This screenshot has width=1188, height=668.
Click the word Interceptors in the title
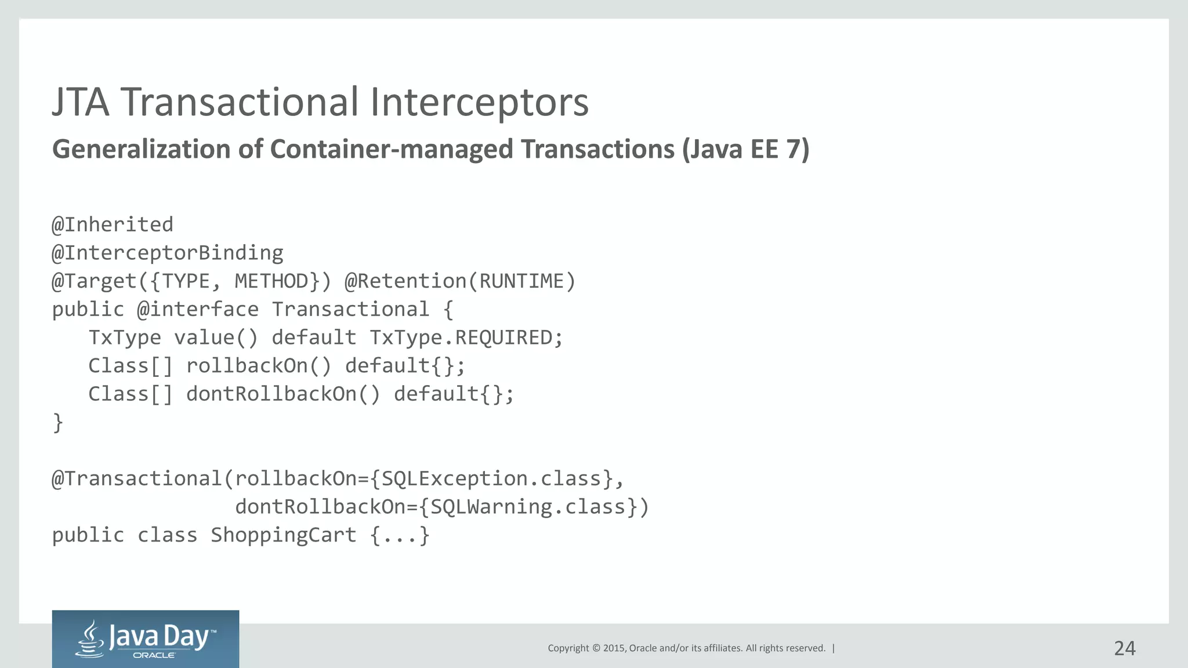[479, 103]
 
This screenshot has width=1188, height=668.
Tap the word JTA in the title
[81, 103]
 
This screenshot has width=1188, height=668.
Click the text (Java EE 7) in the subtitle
[745, 149]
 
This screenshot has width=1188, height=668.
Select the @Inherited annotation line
[113, 224]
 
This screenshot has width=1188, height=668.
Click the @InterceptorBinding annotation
[168, 253]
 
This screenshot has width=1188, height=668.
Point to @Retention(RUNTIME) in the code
[460, 281]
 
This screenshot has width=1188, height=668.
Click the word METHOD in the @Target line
[271, 281]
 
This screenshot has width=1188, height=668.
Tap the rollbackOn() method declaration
[259, 366]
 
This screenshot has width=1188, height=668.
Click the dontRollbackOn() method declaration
[283, 394]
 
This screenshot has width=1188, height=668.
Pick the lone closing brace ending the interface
[58, 422]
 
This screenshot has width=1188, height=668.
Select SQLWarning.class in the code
[528, 507]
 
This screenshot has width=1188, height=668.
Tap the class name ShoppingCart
[283, 535]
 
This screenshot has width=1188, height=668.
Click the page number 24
[1124, 648]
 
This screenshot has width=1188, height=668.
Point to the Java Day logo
[145, 639]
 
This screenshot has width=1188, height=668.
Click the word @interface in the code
[198, 310]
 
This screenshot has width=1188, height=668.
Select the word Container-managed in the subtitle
[392, 149]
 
